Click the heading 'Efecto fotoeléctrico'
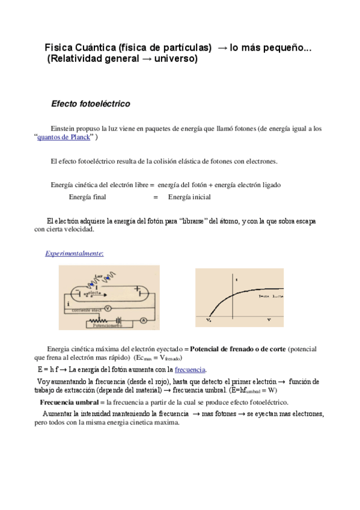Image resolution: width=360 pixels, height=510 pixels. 91,104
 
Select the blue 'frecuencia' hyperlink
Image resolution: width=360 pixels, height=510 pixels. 190,369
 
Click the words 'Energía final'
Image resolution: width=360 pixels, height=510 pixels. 88,197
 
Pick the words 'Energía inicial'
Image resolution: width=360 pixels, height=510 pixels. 189,197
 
